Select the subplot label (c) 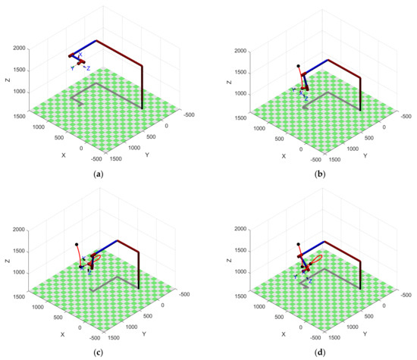point(98,352)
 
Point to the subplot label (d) point(318,352)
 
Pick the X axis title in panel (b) point(284,155)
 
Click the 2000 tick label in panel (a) point(23,48)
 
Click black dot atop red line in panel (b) point(299,66)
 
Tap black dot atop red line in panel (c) point(77,244)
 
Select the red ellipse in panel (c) point(95,260)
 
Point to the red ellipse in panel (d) point(315,259)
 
